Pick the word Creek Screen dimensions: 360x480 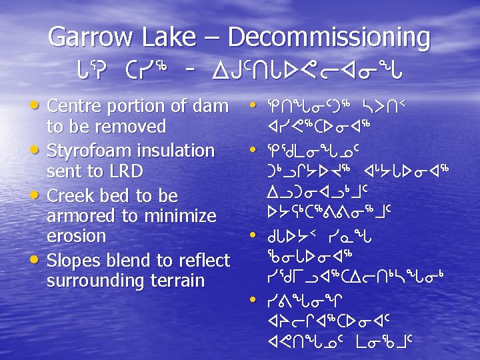tap(71, 195)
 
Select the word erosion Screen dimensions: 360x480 tap(76, 235)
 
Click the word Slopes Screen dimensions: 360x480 tap(74, 260)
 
